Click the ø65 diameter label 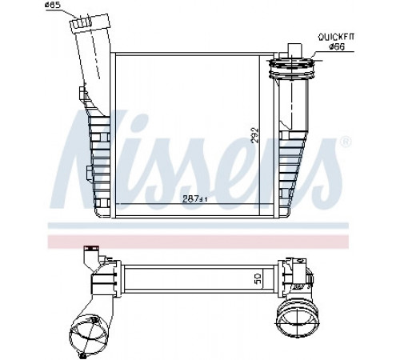pos(53,5)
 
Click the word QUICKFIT pos(336,37)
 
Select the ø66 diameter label pos(330,47)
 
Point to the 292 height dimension pos(255,135)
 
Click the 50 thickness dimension pos(258,278)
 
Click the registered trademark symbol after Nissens pos(346,142)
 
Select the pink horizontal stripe pos(198,242)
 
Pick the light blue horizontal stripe pos(198,226)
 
